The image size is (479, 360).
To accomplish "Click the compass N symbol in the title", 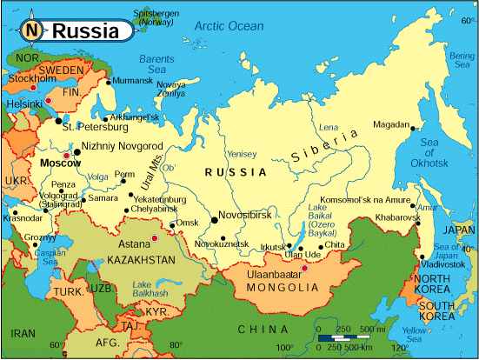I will coord(31,30).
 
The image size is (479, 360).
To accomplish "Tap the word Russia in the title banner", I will coord(85,31).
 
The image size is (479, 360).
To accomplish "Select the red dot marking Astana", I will coord(154,237).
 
